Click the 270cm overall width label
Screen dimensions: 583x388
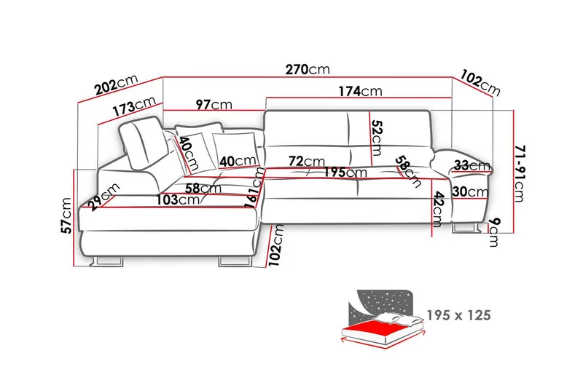click(308, 69)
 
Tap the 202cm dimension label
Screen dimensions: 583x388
click(117, 84)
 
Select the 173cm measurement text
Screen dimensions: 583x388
click(134, 106)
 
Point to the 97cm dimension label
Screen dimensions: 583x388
click(214, 105)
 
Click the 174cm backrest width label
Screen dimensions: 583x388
click(360, 91)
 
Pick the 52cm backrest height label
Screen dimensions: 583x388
click(377, 138)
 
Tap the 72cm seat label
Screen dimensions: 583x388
click(307, 161)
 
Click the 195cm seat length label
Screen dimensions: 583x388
click(345, 173)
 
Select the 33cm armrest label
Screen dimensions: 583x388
click(472, 165)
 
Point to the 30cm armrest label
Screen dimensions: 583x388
click(470, 191)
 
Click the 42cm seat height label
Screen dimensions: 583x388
click(439, 210)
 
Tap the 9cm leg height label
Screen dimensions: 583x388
click(494, 232)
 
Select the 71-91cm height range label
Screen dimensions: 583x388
click(520, 173)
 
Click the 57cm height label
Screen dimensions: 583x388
click(66, 215)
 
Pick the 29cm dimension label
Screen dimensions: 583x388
click(104, 197)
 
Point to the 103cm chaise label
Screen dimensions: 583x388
click(178, 200)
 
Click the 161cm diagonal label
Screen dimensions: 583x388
click(256, 188)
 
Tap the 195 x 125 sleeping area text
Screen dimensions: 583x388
click(459, 315)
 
